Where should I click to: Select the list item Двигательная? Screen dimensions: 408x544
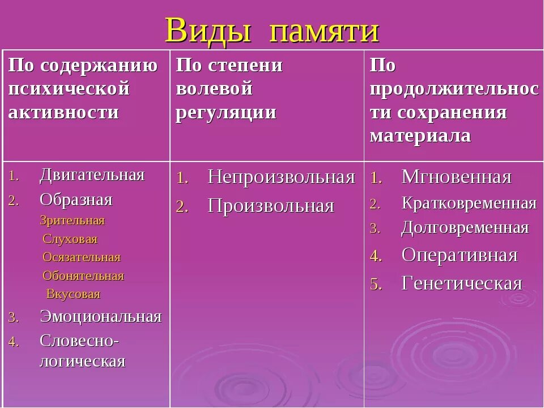click(92, 175)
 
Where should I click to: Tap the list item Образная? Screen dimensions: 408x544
click(76, 199)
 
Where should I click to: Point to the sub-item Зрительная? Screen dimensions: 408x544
click(72, 220)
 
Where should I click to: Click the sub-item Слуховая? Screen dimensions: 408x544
click(70, 239)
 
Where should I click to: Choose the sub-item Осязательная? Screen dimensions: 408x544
click(82, 257)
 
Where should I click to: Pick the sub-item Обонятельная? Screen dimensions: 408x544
click(83, 276)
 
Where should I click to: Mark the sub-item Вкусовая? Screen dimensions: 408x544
click(73, 294)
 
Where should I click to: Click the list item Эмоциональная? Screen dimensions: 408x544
click(100, 316)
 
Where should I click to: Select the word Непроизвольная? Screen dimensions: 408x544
click(281, 177)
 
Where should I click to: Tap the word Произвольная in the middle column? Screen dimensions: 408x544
click(271, 206)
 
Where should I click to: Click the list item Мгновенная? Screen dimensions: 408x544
click(456, 177)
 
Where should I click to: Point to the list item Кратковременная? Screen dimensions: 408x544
click(469, 203)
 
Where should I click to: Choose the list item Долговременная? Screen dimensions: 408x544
click(465, 228)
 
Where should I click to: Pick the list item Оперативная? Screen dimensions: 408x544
click(460, 255)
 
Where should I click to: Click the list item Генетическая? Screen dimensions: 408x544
click(462, 283)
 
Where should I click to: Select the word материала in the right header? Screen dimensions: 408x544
click(420, 135)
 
